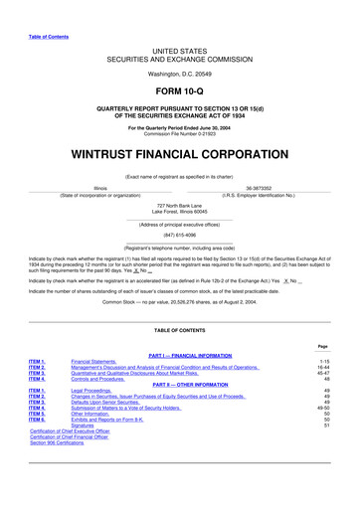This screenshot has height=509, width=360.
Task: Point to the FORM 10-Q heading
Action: pyautogui.click(x=180, y=90)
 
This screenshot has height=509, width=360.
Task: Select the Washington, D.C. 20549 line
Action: pyautogui.click(x=180, y=73)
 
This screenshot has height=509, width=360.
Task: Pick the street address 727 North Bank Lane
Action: pyautogui.click(x=180, y=205)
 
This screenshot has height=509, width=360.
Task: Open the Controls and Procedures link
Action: pyautogui.click(x=106, y=380)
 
